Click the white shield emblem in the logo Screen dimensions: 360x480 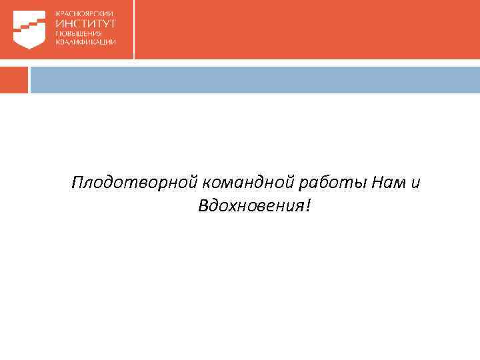coord(30,29)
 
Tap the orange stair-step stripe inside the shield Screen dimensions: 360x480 coord(30,26)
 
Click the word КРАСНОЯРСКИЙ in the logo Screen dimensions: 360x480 coord(85,13)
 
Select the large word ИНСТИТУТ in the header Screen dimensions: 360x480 coord(86,23)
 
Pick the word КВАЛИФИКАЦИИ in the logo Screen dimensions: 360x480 coord(86,41)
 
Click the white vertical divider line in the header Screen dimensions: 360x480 coord(134,29)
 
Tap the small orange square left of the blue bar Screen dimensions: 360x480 coord(13,79)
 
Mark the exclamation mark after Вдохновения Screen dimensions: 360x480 coord(307,206)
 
